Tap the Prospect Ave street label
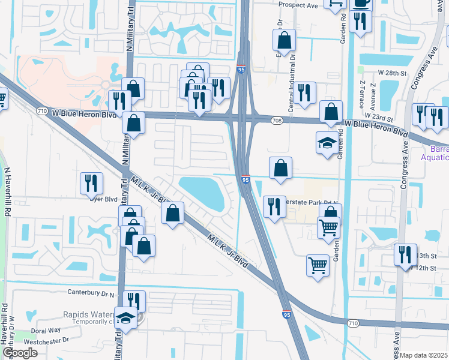pos(299,4)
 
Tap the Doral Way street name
pos(46,330)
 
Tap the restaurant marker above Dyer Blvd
pos(91,182)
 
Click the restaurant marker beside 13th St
pos(405,254)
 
